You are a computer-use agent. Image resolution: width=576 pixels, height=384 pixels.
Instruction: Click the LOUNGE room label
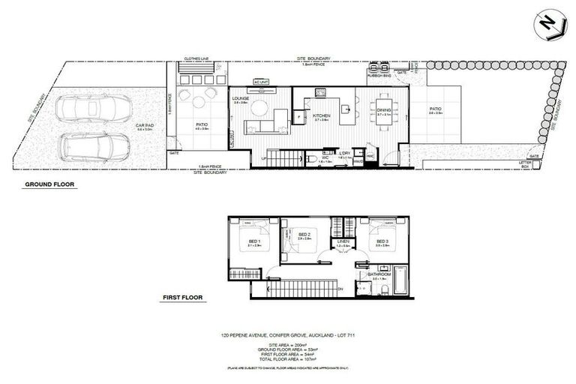pyautogui.click(x=241, y=98)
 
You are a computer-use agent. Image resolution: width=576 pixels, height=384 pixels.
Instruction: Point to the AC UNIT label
pyautogui.click(x=261, y=80)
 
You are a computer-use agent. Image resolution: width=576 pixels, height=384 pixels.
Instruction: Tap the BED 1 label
pyautogui.click(x=250, y=239)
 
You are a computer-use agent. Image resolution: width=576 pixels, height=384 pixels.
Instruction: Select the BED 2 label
pyautogui.click(x=304, y=235)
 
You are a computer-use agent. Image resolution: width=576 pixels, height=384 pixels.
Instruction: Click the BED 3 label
pyautogui.click(x=381, y=239)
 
